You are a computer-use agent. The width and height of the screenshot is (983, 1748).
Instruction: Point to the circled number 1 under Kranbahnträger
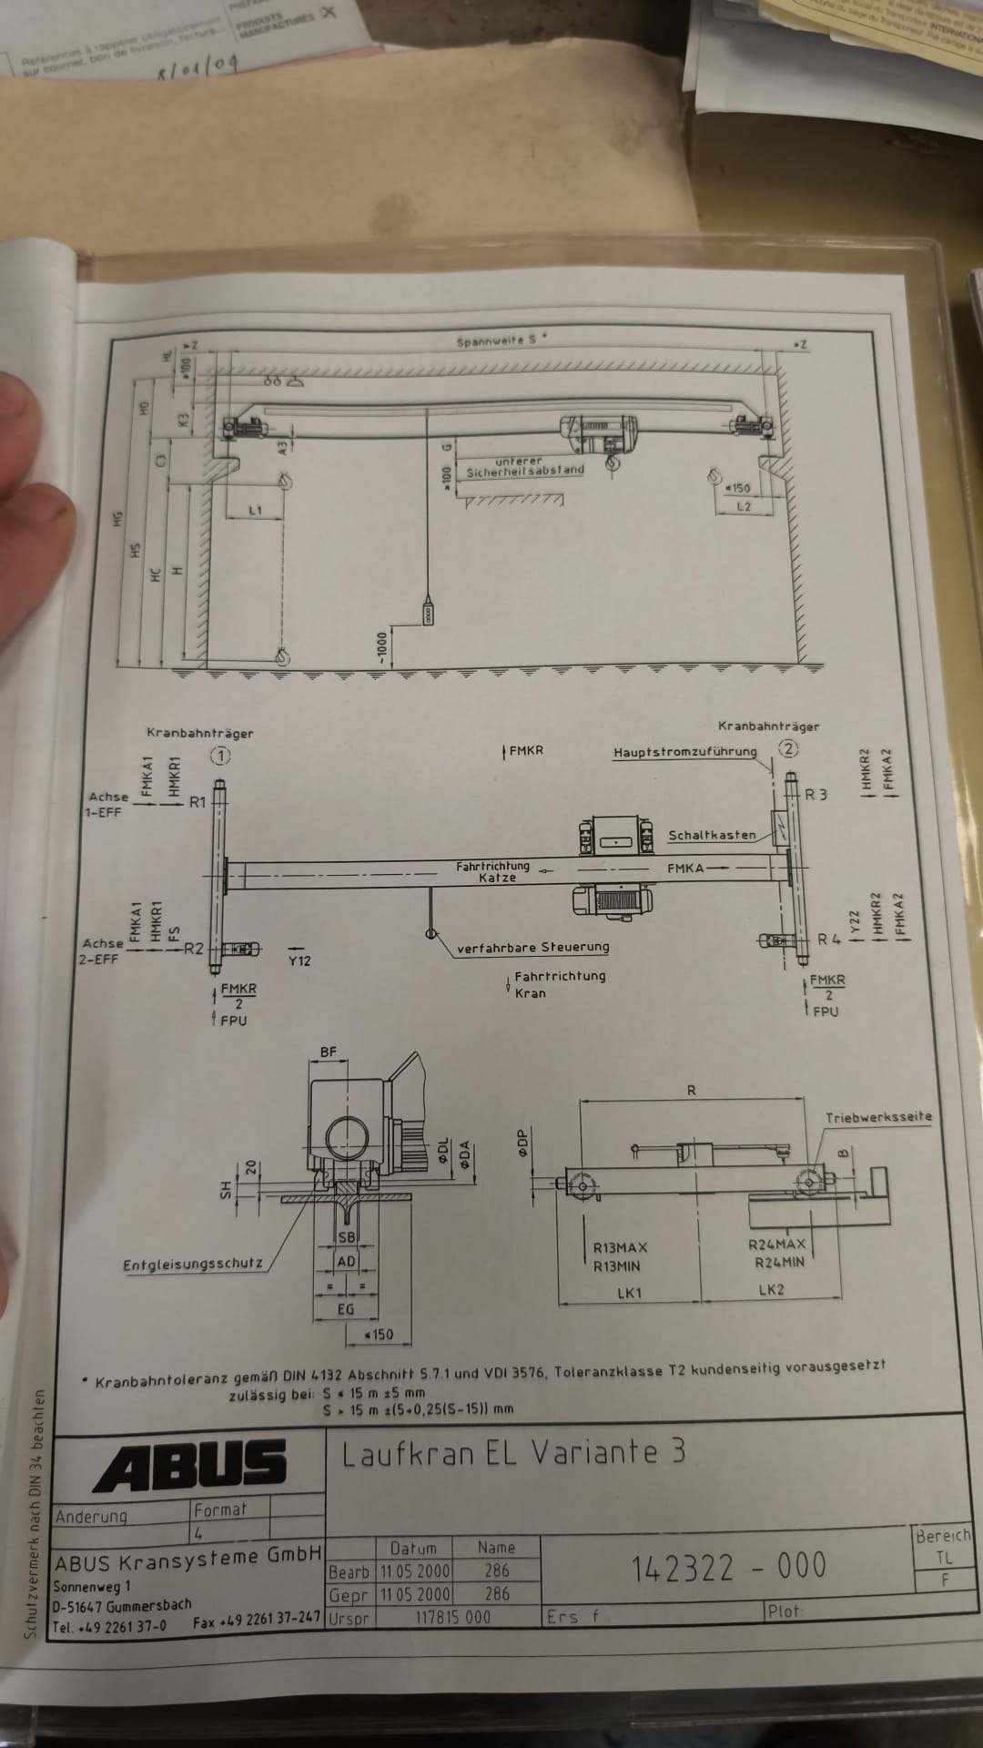coord(220,756)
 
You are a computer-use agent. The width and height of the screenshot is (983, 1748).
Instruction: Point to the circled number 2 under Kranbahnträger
coord(788,748)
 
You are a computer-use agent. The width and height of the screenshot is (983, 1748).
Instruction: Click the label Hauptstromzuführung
coord(684,752)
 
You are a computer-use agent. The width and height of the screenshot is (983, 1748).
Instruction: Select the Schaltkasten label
coord(712,835)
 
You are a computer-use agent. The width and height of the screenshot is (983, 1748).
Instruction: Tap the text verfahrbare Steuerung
coord(532,947)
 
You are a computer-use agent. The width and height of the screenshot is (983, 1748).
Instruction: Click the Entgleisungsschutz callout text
coord(193,1264)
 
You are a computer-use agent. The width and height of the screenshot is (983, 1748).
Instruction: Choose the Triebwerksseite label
coord(878,1117)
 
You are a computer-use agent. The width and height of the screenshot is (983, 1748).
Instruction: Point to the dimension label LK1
coord(629,1292)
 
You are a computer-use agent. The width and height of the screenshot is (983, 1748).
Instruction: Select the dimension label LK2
coord(770,1289)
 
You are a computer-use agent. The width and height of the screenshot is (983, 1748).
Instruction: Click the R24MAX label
coord(776,1244)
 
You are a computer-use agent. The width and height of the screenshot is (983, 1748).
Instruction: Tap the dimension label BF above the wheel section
coord(329,1052)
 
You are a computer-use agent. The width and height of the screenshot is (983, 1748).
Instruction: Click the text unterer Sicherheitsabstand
coord(525,467)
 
